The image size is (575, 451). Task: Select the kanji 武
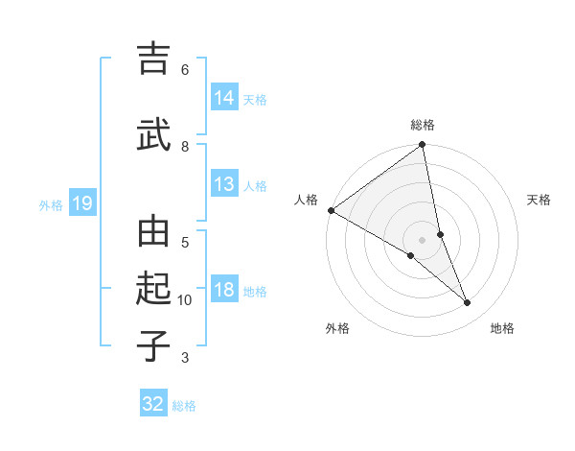point(154,136)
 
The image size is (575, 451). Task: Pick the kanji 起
point(154,289)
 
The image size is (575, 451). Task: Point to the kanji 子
point(154,344)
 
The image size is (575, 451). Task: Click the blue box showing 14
point(224,97)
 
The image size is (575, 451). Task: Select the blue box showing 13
point(224,184)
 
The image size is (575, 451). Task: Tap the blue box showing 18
point(224,291)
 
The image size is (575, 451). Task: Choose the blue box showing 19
point(81,203)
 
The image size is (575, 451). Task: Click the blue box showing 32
point(153,404)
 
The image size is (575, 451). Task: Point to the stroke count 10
point(185,300)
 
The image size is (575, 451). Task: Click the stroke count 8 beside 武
point(185,147)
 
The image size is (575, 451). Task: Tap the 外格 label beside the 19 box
point(51,204)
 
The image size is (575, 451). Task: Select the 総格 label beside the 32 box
point(184,406)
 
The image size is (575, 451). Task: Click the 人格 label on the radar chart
point(307,200)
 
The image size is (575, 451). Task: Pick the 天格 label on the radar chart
point(540,200)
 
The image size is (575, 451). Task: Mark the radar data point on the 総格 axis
point(423,146)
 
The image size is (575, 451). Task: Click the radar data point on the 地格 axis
point(468,302)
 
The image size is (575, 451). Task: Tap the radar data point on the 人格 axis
point(331,210)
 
